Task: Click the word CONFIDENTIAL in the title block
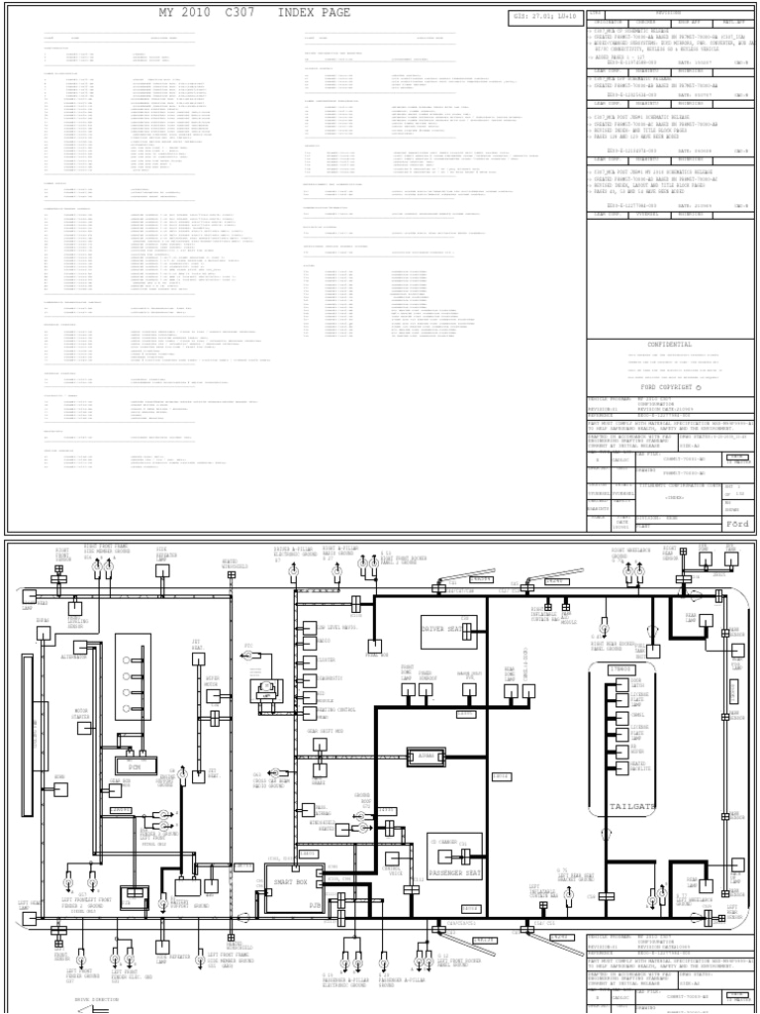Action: click(672, 346)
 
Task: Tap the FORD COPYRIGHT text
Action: click(670, 387)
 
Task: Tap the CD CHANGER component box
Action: click(444, 842)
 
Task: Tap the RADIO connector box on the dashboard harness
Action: click(324, 641)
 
